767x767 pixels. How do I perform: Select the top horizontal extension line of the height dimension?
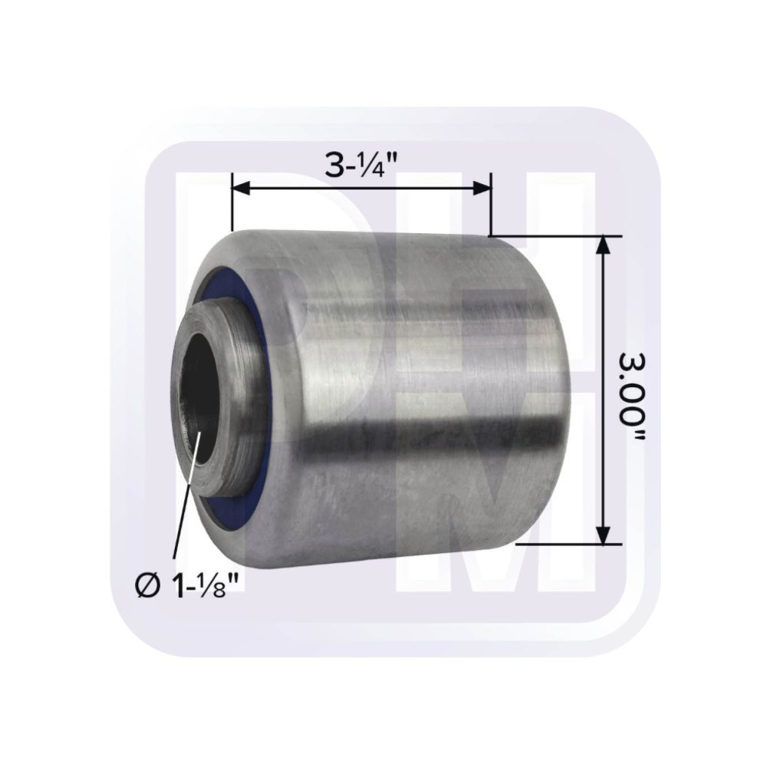click(552, 235)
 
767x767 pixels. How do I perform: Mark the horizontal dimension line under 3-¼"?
click(360, 188)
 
